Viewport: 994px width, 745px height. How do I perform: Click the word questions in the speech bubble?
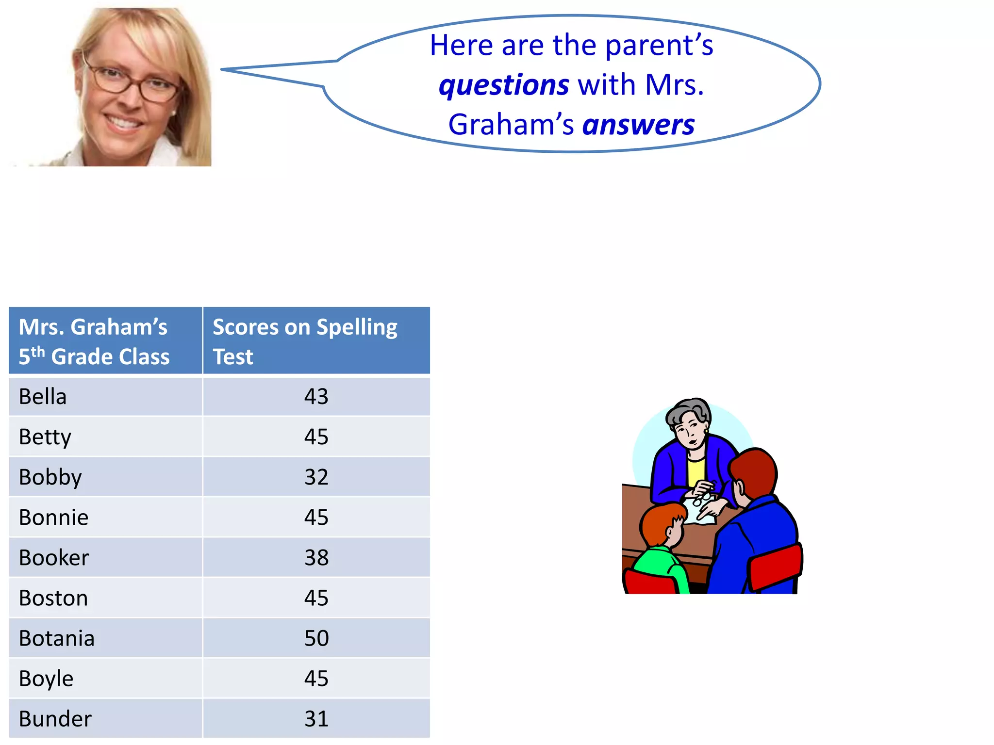point(503,85)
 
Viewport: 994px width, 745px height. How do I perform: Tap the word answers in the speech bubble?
point(638,125)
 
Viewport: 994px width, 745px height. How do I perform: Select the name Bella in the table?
point(43,397)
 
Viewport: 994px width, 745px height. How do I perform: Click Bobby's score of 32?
point(316,477)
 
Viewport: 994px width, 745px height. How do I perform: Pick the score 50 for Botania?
point(316,638)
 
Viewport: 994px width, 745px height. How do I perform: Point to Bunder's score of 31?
point(316,719)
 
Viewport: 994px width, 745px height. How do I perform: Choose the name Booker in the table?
point(54,558)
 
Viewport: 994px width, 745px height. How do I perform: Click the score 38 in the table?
point(316,558)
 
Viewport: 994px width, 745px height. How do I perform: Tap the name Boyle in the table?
point(46,679)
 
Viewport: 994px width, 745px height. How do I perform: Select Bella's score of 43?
point(316,397)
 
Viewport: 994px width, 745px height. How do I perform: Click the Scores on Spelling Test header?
point(305,341)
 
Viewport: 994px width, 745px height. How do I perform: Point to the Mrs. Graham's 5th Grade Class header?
point(94,341)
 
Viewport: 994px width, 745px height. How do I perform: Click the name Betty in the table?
point(45,437)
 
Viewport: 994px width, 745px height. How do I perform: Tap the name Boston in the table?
point(53,598)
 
